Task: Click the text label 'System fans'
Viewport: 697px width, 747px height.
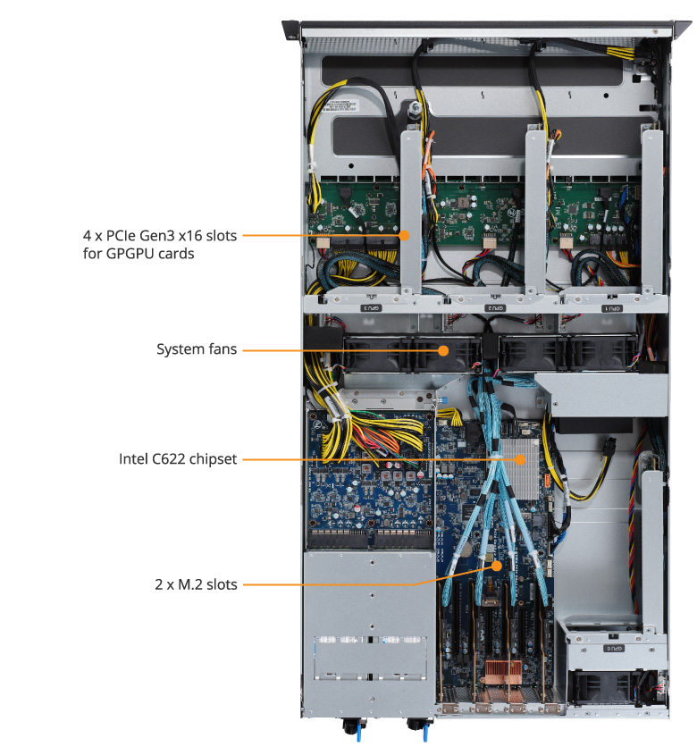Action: tap(197, 349)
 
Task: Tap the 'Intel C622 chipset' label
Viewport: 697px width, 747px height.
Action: tap(178, 459)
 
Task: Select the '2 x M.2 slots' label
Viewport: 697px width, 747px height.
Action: tap(195, 585)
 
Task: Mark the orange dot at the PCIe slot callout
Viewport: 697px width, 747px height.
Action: tap(404, 236)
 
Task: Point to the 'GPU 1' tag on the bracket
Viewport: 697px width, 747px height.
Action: tap(609, 306)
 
